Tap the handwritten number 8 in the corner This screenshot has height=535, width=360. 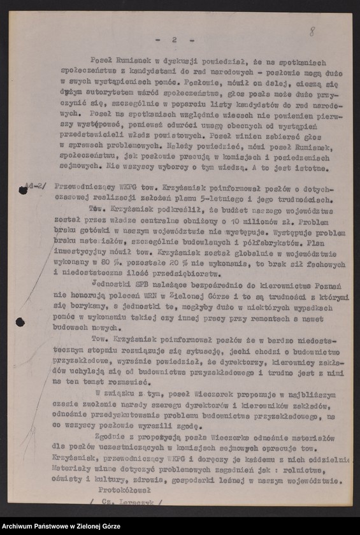point(312,31)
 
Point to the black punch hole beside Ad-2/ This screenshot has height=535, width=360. point(24,190)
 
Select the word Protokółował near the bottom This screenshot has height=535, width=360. point(124,489)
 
